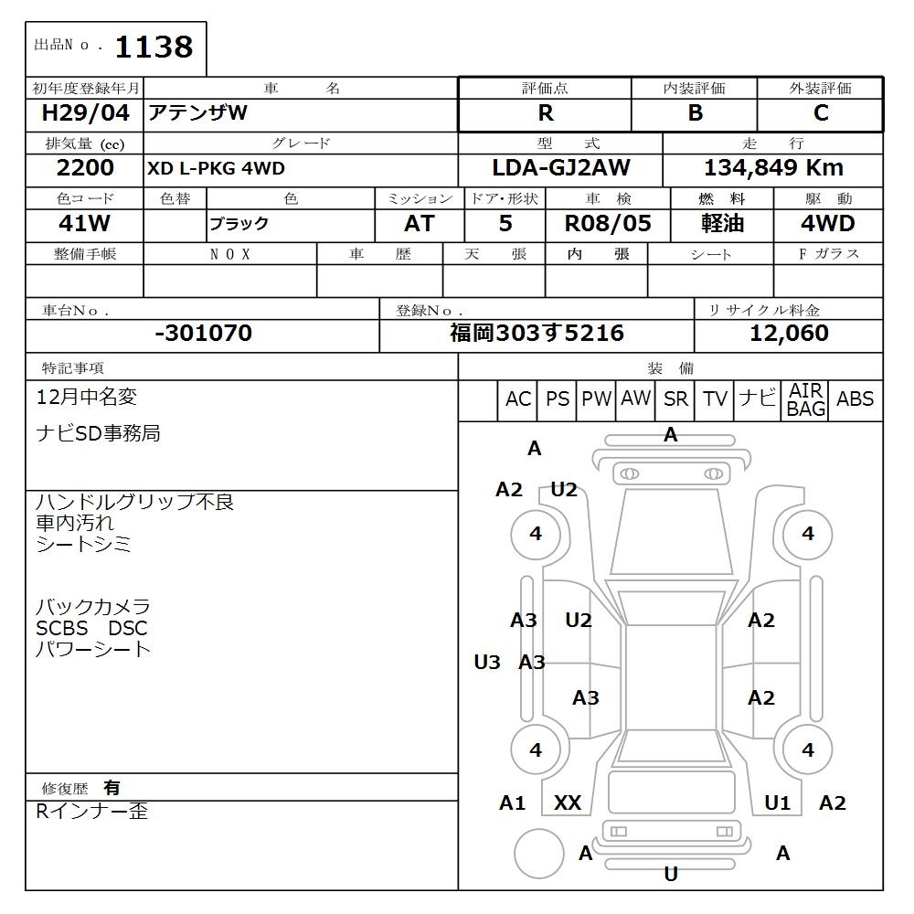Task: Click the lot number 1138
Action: (x=154, y=47)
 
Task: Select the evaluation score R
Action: (x=546, y=113)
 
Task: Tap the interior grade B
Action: (x=695, y=113)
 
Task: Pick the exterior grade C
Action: (x=821, y=113)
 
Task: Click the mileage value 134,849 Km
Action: (x=773, y=168)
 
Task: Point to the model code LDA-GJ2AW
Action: (x=560, y=168)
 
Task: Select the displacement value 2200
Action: (x=85, y=168)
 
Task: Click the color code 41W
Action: (x=85, y=224)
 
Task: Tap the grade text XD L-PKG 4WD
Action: (x=216, y=169)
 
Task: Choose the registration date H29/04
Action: (x=85, y=113)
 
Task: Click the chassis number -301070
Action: (x=203, y=334)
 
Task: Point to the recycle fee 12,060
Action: (x=789, y=334)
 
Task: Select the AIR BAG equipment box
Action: (x=806, y=400)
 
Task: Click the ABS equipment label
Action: (x=855, y=399)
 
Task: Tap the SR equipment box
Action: (x=676, y=399)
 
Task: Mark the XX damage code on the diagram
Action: (x=568, y=803)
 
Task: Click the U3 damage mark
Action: (x=487, y=663)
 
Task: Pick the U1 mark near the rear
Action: (x=777, y=803)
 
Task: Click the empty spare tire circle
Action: (x=538, y=854)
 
